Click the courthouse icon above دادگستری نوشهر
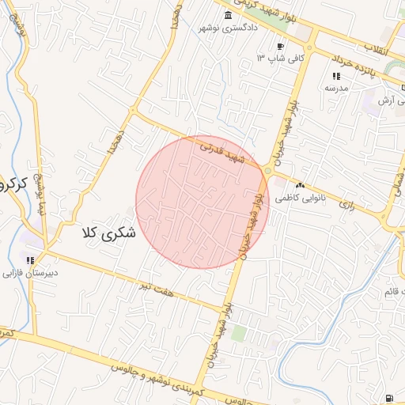pyautogui.click(x=229, y=17)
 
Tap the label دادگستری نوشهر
pyautogui.click(x=229, y=28)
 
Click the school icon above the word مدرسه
pyautogui.click(x=336, y=77)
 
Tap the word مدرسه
pyautogui.click(x=336, y=88)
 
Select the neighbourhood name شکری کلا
pyautogui.click(x=109, y=233)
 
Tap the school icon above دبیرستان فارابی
pyautogui.click(x=30, y=260)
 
